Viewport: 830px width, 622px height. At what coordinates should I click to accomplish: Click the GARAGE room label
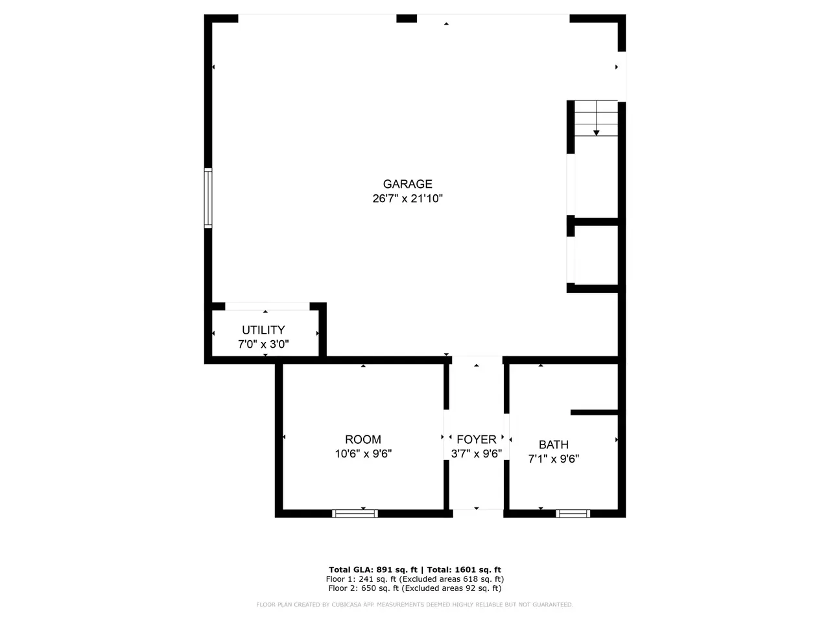(x=407, y=184)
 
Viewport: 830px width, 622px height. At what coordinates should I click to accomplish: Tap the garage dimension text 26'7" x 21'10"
(x=407, y=198)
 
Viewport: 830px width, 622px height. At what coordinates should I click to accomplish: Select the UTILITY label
(x=263, y=330)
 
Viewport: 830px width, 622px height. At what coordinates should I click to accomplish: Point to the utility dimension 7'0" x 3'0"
(x=263, y=344)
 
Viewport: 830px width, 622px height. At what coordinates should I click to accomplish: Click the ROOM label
(x=363, y=439)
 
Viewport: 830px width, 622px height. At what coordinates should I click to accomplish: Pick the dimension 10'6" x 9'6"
(x=363, y=453)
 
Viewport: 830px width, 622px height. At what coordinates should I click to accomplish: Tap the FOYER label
(x=477, y=439)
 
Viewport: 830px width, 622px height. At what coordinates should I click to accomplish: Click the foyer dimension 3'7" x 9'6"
(x=477, y=453)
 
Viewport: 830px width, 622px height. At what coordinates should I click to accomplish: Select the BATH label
(x=554, y=444)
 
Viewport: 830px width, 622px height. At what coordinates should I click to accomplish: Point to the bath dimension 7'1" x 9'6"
(x=554, y=459)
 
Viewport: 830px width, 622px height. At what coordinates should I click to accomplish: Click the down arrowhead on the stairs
(x=597, y=133)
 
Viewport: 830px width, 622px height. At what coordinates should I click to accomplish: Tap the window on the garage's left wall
(x=208, y=198)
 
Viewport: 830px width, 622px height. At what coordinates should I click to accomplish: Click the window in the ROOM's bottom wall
(x=355, y=513)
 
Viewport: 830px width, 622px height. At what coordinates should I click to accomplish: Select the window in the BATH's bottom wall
(x=573, y=513)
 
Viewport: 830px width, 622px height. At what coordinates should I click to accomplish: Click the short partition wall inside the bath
(x=595, y=413)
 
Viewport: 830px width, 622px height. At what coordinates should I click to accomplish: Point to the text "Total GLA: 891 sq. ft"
(x=373, y=570)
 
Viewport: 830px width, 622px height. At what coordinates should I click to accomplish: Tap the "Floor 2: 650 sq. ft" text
(x=363, y=588)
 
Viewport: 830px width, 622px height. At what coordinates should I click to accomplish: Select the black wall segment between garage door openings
(x=407, y=19)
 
